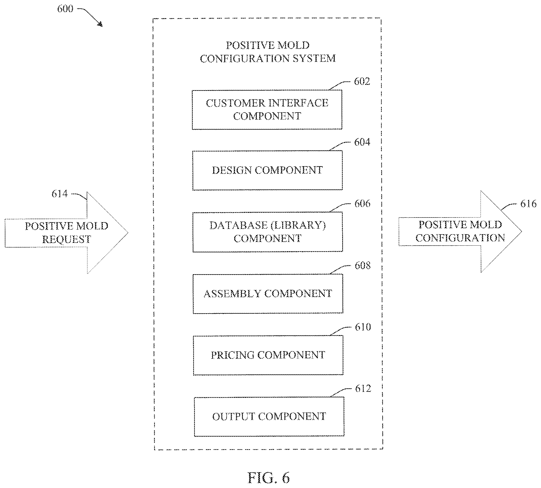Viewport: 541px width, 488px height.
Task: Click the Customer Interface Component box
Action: coord(267,110)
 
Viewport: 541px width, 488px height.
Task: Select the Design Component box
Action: coord(267,170)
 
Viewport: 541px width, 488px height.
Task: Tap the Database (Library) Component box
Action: coord(268,232)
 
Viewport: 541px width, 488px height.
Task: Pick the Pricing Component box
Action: coord(268,355)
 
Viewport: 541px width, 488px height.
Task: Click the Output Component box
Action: coord(269,416)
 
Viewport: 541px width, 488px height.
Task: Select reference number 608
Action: coord(363,266)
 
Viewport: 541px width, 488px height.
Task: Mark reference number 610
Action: coord(363,327)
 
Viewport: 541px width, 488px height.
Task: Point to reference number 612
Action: coord(363,389)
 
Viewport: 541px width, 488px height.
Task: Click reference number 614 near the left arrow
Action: coord(60,194)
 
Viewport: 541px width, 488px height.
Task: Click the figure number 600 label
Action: coord(65,9)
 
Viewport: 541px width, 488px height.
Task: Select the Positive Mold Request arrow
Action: coord(66,233)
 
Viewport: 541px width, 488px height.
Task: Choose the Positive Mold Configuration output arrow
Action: coord(460,232)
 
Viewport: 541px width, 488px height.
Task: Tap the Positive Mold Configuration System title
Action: coord(268,52)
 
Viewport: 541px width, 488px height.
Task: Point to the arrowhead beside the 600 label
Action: coord(100,24)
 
